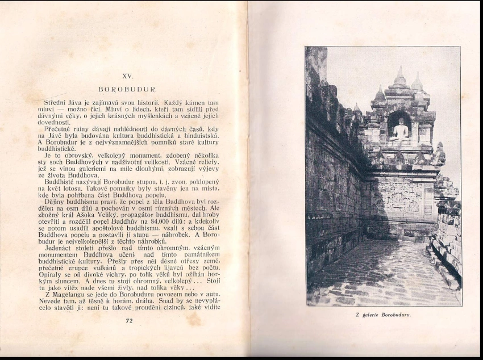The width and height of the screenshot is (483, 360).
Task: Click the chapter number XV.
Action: click(127, 75)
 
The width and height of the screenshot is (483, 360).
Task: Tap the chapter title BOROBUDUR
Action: click(127, 89)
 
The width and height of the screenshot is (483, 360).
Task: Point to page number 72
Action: click(128, 321)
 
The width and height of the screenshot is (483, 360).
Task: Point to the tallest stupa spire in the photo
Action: click(399, 77)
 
